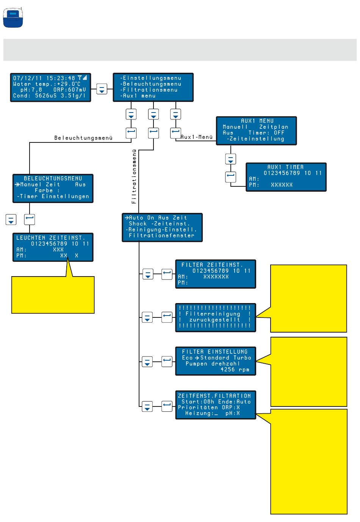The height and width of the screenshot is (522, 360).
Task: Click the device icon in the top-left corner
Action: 13,17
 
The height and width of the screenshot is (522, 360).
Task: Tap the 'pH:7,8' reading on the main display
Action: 31,90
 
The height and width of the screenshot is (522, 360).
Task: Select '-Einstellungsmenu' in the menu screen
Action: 150,78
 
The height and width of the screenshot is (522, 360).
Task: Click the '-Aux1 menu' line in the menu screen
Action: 138,96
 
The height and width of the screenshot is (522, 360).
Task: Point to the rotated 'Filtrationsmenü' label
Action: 134,177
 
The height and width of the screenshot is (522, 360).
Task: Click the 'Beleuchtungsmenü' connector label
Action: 83,138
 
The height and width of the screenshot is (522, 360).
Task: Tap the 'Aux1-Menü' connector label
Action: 197,137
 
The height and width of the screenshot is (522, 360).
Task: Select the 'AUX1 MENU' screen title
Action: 257,121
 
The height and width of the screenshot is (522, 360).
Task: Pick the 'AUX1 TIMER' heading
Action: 285,167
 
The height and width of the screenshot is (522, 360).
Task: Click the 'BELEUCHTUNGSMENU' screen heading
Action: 53,178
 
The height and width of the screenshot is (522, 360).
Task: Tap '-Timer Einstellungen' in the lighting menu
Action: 53,197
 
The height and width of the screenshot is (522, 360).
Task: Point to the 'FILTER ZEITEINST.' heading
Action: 212,265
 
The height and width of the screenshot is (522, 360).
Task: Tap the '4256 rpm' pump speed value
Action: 235,370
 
